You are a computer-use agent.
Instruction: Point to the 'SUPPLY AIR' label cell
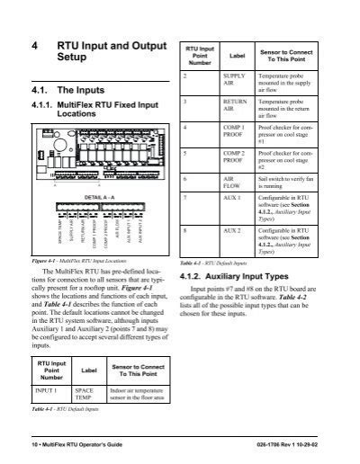[x=233, y=82]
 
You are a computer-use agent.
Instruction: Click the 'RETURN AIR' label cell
[x=233, y=110]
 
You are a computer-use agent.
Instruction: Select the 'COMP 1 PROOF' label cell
[x=233, y=138]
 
